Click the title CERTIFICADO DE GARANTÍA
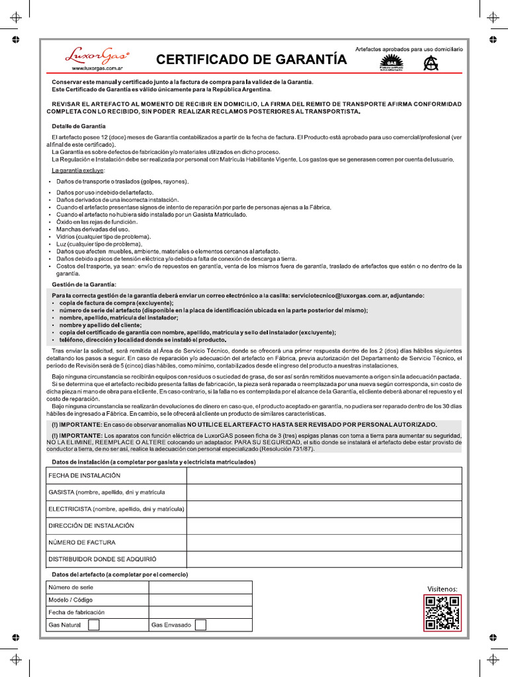251,60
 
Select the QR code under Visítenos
442,613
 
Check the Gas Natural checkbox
94,625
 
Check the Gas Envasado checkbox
200,625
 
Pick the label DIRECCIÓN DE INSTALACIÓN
91,526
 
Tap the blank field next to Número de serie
200,587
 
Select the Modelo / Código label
71,600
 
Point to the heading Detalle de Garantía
78,126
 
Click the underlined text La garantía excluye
77,171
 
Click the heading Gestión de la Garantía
84,284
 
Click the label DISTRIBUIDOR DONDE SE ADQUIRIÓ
103,559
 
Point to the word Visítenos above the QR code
442,588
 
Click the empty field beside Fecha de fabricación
200,612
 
